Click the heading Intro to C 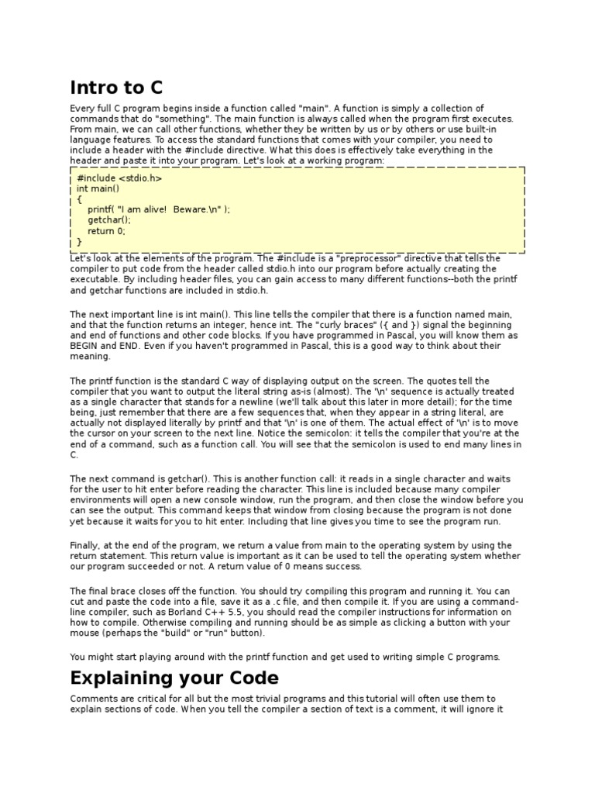(x=117, y=86)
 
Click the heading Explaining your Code (x=174, y=678)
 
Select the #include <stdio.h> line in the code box (x=119, y=178)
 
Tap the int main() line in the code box (x=98, y=188)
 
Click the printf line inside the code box (x=159, y=209)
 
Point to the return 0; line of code (x=106, y=231)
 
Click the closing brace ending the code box (x=79, y=242)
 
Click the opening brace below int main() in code (x=79, y=198)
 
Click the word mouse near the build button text (x=84, y=633)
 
